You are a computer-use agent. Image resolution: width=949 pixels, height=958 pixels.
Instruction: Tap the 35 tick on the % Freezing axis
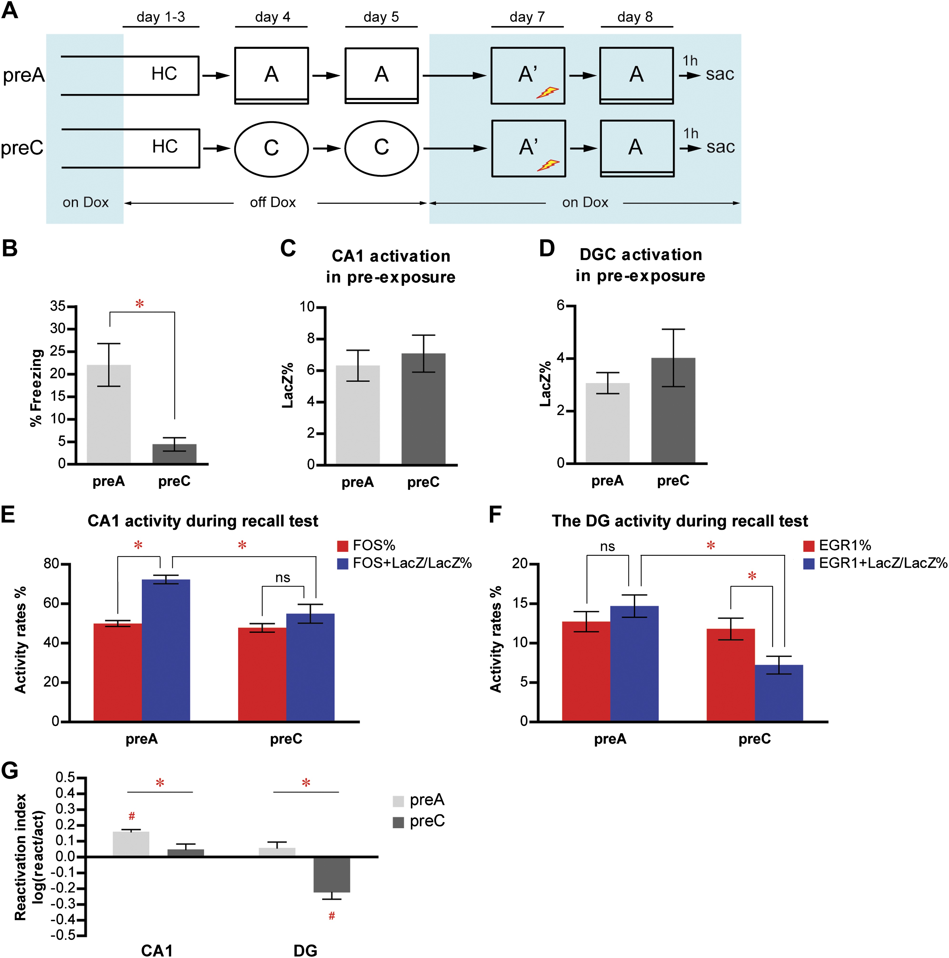pos(58,306)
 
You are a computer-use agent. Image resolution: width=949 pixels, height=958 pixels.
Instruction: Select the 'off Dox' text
pos(273,202)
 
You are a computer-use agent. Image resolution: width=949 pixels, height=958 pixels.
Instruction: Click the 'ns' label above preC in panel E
pos(282,578)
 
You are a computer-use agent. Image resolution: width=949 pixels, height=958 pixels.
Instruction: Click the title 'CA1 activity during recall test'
pos(203,521)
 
